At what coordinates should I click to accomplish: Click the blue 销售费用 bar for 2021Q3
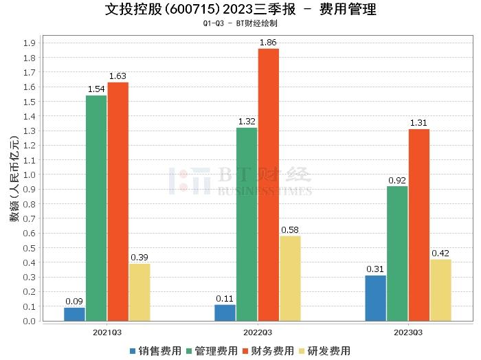pyautogui.click(x=74, y=315)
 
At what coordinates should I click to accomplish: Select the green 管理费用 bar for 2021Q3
pyautogui.click(x=96, y=208)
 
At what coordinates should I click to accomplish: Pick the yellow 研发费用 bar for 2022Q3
pyautogui.click(x=290, y=278)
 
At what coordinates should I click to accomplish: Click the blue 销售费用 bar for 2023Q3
pyautogui.click(x=375, y=298)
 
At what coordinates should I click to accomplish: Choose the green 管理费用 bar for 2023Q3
pyautogui.click(x=397, y=254)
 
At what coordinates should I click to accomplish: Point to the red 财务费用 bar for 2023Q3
pyautogui.click(x=419, y=225)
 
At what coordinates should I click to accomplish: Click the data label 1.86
pyautogui.click(x=269, y=43)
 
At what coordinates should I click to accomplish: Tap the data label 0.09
pyautogui.click(x=74, y=301)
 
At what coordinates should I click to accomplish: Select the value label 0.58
pyautogui.click(x=290, y=229)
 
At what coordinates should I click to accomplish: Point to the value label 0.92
pyautogui.click(x=397, y=180)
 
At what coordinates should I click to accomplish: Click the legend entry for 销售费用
pyautogui.click(x=155, y=350)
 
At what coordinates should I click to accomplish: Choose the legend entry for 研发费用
pyautogui.click(x=324, y=350)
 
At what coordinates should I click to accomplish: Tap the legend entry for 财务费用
pyautogui.click(x=268, y=350)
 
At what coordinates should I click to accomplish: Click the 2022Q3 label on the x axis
pyautogui.click(x=258, y=332)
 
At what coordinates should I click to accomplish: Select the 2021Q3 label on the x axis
pyautogui.click(x=107, y=332)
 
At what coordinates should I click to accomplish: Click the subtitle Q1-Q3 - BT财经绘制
pyautogui.click(x=240, y=23)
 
